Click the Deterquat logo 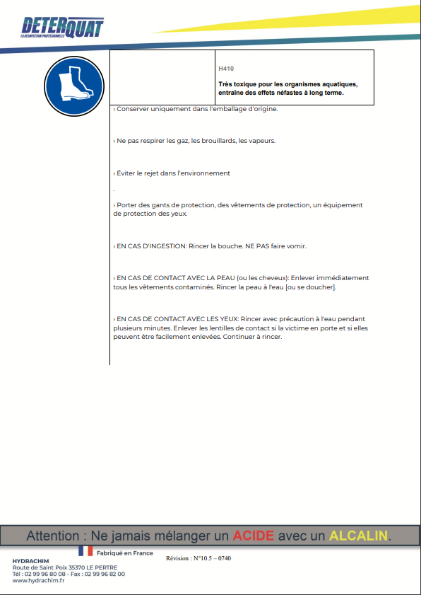(62, 27)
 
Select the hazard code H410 (226, 69)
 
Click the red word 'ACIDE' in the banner (254, 536)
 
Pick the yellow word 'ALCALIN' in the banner (358, 536)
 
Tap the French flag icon (85, 550)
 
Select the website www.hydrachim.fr (39, 581)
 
